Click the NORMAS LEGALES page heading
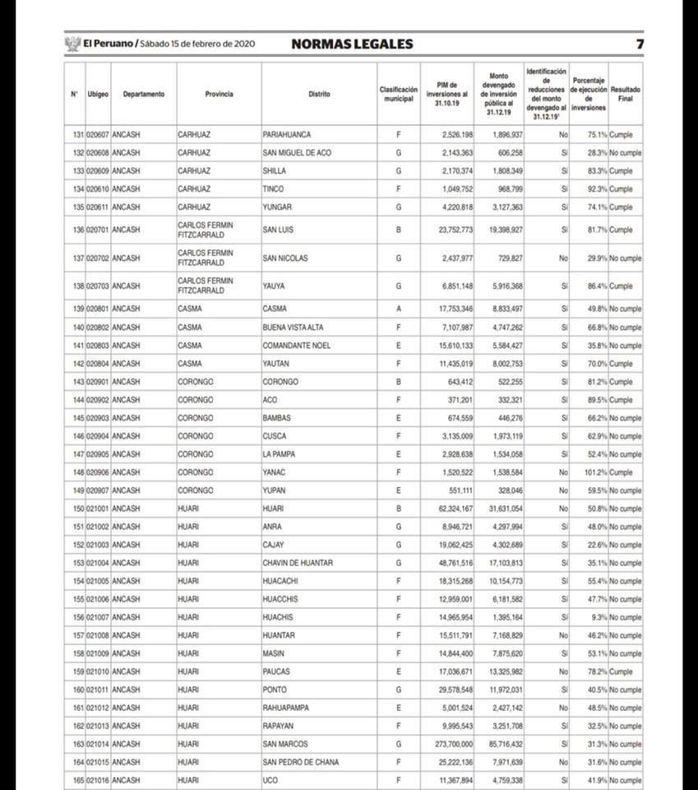pyautogui.click(x=352, y=44)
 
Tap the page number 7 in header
pyautogui.click(x=640, y=44)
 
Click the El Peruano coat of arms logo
pyautogui.click(x=72, y=44)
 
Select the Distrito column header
pyautogui.click(x=319, y=94)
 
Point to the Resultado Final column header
pyautogui.click(x=626, y=94)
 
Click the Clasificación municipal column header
pyautogui.click(x=399, y=94)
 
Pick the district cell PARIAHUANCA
pyautogui.click(x=287, y=134)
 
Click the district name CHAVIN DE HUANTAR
pyautogui.click(x=298, y=563)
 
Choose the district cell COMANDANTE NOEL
pyautogui.click(x=297, y=346)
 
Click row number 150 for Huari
pyautogui.click(x=78, y=509)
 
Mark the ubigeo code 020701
pyautogui.click(x=98, y=230)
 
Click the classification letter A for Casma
pyautogui.click(x=399, y=309)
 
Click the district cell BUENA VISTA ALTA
pyautogui.click(x=293, y=328)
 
